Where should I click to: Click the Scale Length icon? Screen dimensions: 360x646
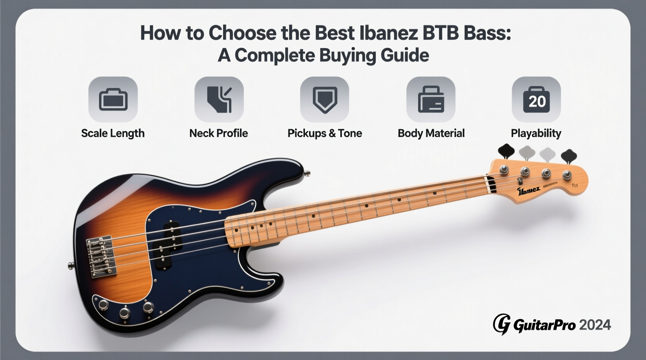coord(113,99)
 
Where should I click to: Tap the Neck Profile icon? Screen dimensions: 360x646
coord(219,99)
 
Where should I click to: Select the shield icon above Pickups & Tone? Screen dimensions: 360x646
coord(325,99)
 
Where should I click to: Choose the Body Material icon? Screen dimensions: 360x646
coord(431,99)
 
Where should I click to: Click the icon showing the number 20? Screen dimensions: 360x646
coord(536,100)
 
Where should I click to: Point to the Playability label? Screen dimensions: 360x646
coord(536,133)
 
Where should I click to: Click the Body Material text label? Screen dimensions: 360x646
coord(431,133)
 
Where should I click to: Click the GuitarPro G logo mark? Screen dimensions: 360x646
coord(502,324)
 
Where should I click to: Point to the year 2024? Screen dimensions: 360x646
coord(595,325)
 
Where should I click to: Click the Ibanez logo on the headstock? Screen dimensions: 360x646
coord(528,190)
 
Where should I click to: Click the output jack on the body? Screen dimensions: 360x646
coord(149,307)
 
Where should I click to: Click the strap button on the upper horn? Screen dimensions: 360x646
coord(307,173)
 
